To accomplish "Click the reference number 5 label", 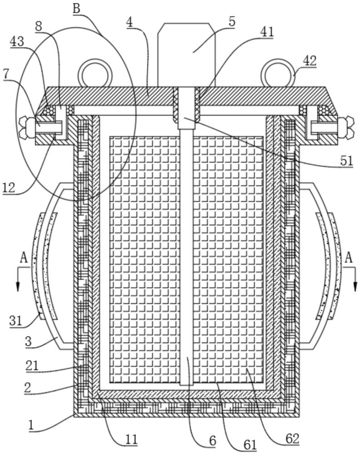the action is [x=232, y=22].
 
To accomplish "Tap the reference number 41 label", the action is [x=267, y=32].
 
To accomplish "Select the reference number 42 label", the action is [x=310, y=61].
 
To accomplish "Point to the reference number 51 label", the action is [x=347, y=161].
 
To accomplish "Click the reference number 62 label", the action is [x=292, y=439].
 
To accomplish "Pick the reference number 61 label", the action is [x=250, y=445].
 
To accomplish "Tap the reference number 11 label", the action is [x=131, y=440].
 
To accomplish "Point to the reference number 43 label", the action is [x=17, y=42].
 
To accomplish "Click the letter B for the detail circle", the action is [x=76, y=8].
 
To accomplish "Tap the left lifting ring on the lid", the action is [x=95, y=73].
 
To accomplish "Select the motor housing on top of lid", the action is [x=186, y=55].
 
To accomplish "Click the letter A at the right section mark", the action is [x=348, y=258].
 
